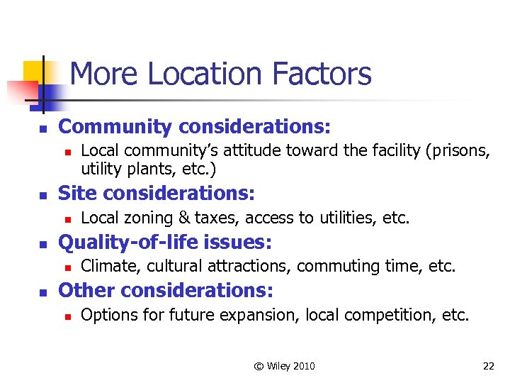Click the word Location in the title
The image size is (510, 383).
pos(218,74)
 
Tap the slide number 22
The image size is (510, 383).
pos(488,366)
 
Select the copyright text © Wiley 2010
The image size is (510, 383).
pos(285,366)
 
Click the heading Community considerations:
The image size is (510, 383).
pos(194,127)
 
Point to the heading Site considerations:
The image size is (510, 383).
pos(157,192)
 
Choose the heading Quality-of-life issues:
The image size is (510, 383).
pos(164,242)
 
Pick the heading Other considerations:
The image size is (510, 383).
pos(165,290)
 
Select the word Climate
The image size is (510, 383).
pos(106,266)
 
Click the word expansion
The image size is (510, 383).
pos(263,315)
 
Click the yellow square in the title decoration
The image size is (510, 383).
pos(33,71)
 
